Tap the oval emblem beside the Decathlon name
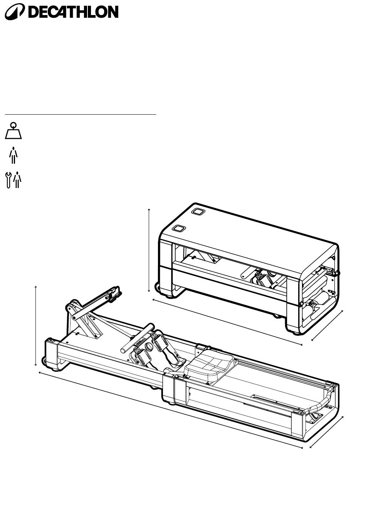tap(15, 12)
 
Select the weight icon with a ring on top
tap(13, 130)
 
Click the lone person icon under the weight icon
tap(13, 155)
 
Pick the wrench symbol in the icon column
tap(8, 181)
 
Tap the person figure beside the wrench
tap(17, 180)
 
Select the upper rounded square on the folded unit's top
tap(198, 212)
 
